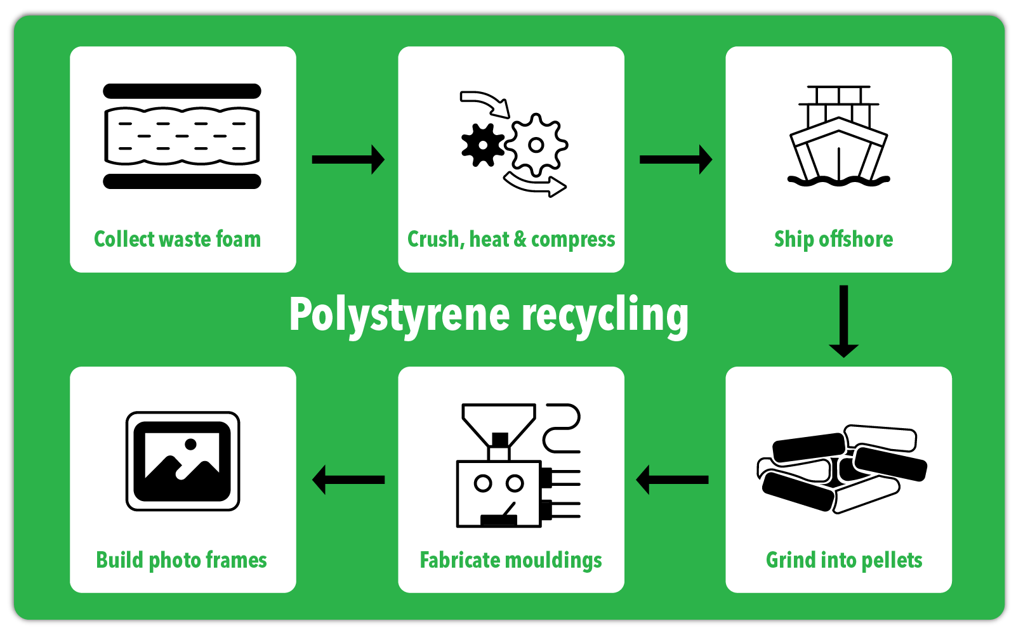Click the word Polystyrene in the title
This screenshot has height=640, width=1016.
click(x=399, y=315)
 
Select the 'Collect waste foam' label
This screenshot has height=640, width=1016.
click(x=177, y=239)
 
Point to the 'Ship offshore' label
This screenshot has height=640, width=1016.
click(x=833, y=239)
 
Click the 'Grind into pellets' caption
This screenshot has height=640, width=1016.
click(x=843, y=560)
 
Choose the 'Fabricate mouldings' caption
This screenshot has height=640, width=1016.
click(x=511, y=560)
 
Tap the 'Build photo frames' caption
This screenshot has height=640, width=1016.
click(x=181, y=560)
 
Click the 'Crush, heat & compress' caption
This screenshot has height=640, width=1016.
click(x=511, y=239)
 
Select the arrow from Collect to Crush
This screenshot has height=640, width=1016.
click(x=348, y=159)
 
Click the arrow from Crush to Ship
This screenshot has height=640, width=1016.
click(x=675, y=159)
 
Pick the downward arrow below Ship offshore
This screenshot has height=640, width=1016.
click(x=843, y=321)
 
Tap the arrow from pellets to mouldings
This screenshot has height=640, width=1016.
click(x=673, y=480)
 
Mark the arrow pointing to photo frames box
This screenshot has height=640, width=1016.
click(x=348, y=480)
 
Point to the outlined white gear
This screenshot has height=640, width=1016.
click(x=536, y=145)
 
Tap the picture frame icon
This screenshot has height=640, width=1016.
click(x=183, y=461)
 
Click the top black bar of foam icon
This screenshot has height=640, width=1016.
click(x=182, y=91)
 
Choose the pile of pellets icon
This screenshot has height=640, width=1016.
click(x=842, y=469)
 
